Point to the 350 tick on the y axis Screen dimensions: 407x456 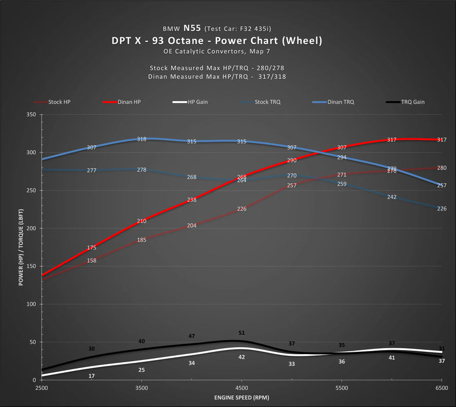pyautogui.click(x=31, y=115)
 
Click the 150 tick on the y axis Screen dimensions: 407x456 pyautogui.click(x=31, y=266)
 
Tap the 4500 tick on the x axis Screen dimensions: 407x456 pyautogui.click(x=242, y=387)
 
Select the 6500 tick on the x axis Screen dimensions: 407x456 pyautogui.click(x=441, y=387)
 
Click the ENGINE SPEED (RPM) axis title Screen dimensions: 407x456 pyautogui.click(x=241, y=397)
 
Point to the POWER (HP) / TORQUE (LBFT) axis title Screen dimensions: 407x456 pyautogui.click(x=21, y=247)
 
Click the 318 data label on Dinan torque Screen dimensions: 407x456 pyautogui.click(x=142, y=139)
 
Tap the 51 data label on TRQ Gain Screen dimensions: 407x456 pyautogui.click(x=242, y=333)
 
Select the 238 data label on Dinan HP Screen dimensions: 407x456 pyautogui.click(x=192, y=200)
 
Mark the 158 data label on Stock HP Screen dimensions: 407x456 pyautogui.click(x=92, y=260)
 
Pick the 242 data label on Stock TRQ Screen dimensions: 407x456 pyautogui.click(x=392, y=197)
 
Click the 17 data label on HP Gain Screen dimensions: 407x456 pyautogui.click(x=92, y=376)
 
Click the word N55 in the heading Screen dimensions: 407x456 pyautogui.click(x=191, y=27)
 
